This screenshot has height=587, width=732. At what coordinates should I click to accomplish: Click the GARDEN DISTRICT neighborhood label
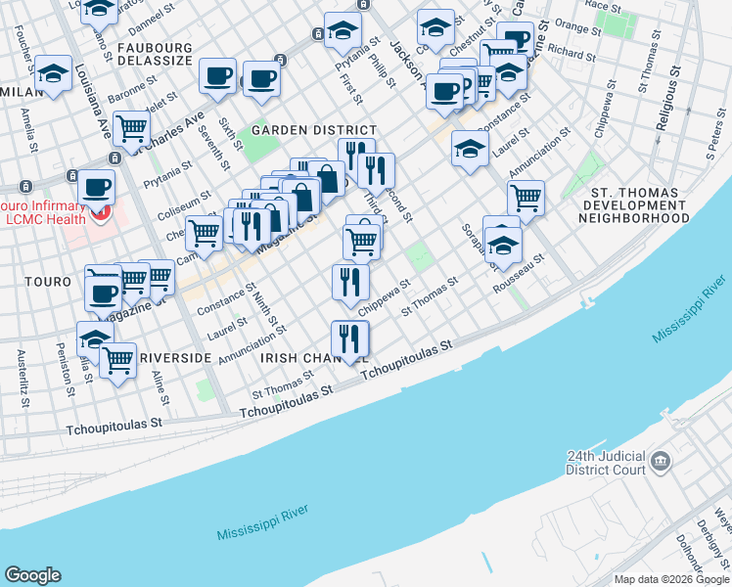coord(313,130)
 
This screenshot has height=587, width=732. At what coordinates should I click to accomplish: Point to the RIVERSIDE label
coord(175,358)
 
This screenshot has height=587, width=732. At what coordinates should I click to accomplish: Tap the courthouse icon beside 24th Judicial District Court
coord(660,460)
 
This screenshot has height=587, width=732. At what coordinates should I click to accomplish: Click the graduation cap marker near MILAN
coord(53,73)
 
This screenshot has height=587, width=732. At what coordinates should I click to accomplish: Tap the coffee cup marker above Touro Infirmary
coord(96,186)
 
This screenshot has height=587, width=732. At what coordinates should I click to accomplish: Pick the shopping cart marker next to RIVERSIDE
coord(118,359)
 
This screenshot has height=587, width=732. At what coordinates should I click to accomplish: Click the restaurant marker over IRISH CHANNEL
coord(349,339)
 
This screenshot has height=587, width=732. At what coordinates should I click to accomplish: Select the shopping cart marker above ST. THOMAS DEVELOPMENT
coord(526,198)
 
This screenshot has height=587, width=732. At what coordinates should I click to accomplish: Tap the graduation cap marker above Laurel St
coord(470,149)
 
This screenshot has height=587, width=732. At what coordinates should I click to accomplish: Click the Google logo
coord(32,575)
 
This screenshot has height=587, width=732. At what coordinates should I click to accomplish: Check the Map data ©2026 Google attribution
coord(671,579)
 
